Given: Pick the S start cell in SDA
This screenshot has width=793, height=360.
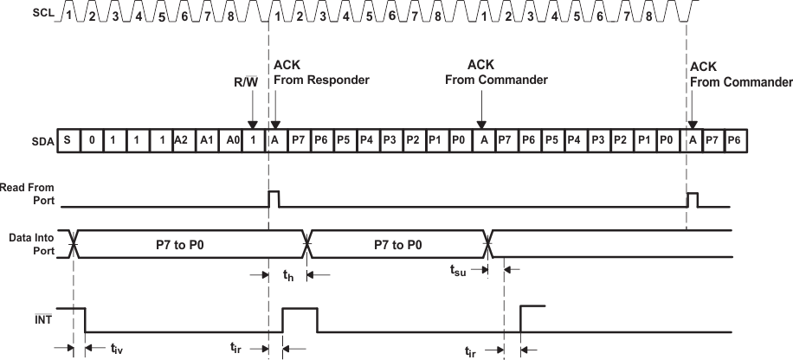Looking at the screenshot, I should tap(68, 141).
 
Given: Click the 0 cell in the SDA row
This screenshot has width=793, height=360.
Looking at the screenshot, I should tap(91, 141).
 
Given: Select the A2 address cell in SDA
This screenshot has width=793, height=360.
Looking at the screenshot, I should tap(180, 141).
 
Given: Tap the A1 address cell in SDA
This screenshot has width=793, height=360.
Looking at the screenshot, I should tap(204, 141).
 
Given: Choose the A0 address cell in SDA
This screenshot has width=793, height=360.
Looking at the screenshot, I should tap(228, 141).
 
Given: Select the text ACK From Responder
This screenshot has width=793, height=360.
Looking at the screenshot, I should tap(320, 72).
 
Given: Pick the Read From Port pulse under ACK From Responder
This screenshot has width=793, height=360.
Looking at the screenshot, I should tap(274, 198).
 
